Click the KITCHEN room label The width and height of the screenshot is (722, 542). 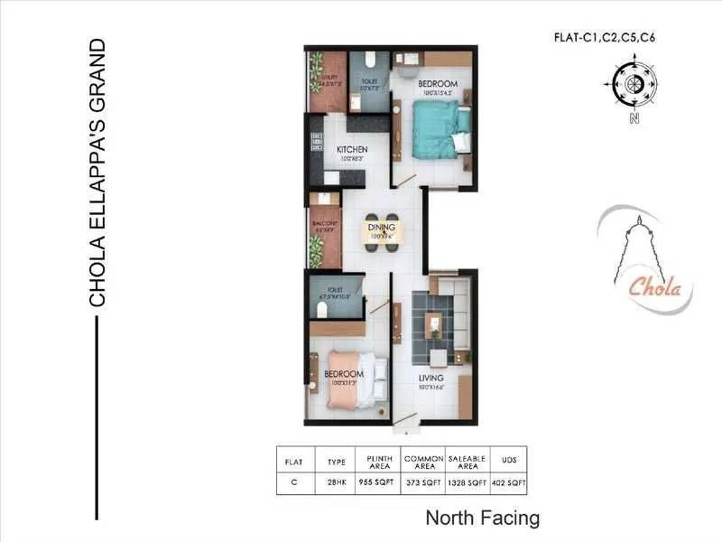[351, 149]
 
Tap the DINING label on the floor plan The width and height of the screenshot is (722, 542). [377, 227]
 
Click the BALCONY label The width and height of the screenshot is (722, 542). [325, 224]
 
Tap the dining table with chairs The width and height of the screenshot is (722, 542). [378, 233]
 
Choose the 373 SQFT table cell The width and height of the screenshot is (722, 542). [422, 483]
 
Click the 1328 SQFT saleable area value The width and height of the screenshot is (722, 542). [467, 483]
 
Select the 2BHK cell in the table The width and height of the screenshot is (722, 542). [336, 483]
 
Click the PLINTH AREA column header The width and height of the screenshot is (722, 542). [377, 460]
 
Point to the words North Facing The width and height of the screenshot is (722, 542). [482, 519]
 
